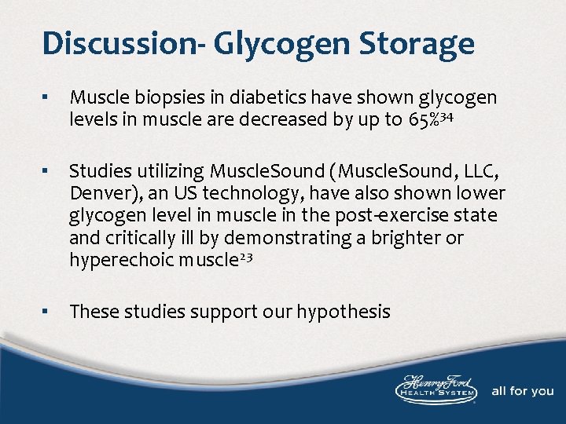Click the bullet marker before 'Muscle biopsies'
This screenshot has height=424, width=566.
click(x=48, y=98)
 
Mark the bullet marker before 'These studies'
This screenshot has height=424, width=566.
click(x=48, y=312)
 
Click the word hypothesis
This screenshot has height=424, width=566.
click(x=343, y=313)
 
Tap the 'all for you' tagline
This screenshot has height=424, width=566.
click(x=522, y=391)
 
